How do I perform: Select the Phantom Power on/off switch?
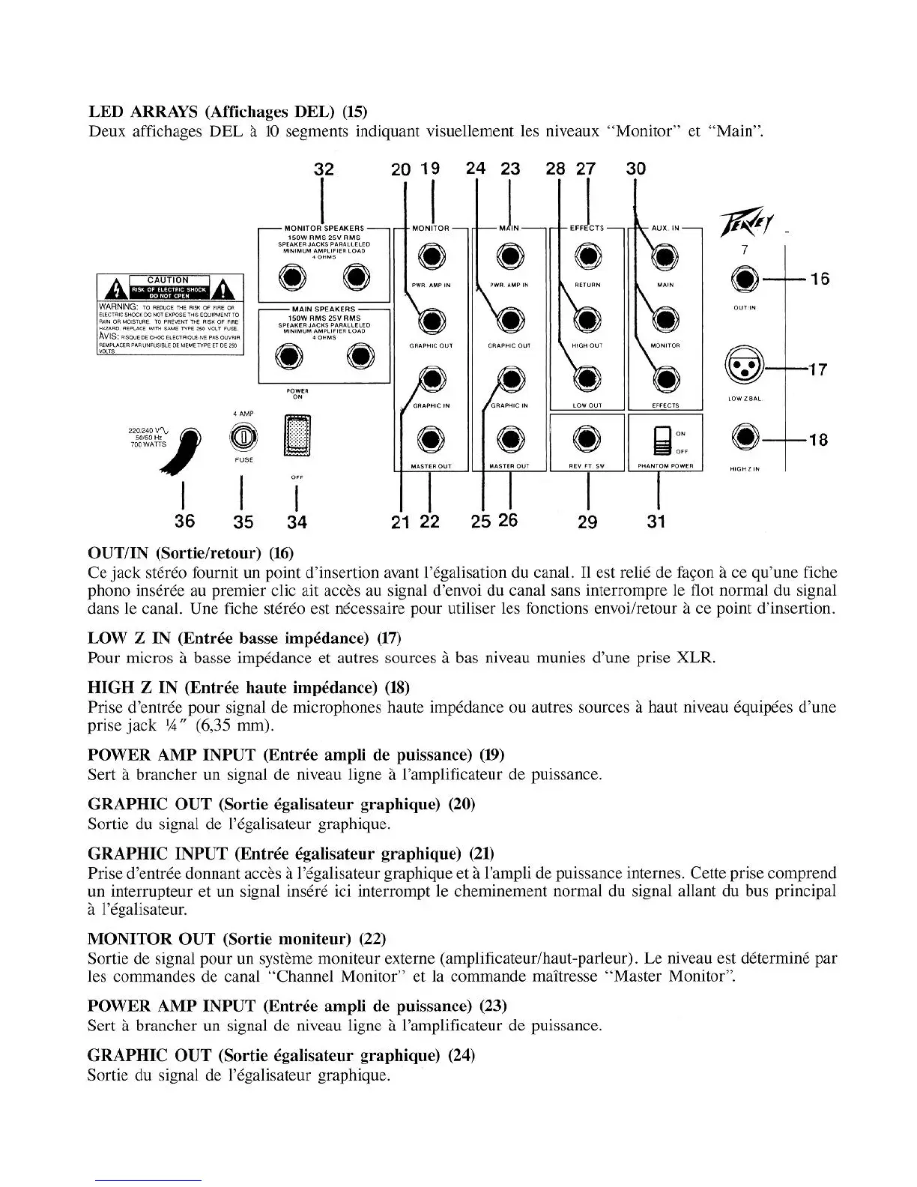[662, 441]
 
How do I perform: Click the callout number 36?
[184, 521]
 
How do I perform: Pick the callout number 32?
[323, 169]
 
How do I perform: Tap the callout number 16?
[820, 279]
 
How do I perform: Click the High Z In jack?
[744, 436]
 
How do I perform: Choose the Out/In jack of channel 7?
[744, 280]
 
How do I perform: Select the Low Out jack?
[587, 380]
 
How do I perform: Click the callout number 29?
[587, 522]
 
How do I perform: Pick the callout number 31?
[656, 522]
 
